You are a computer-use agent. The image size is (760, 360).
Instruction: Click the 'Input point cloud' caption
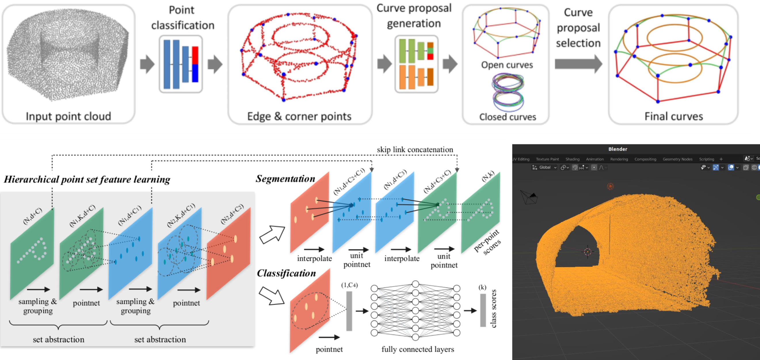pos(68,116)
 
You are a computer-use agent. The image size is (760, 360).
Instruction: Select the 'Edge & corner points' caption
pos(299,116)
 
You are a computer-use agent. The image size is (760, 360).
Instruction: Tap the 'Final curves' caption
pos(674,116)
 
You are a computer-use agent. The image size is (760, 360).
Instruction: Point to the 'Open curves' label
pos(507,65)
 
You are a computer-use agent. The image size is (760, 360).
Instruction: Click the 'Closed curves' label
pos(507,117)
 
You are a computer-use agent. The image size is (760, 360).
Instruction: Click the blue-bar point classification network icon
pos(181,64)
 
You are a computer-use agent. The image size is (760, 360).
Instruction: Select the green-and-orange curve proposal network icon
pos(416,64)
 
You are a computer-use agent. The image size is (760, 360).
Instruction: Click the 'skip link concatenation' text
pos(415,150)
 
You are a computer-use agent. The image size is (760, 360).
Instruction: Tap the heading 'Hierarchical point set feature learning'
pos(87,179)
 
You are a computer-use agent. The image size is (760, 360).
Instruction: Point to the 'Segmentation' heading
pos(285,179)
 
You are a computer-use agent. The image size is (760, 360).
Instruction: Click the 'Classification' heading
pos(286,273)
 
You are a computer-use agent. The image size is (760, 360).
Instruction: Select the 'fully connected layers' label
pos(418,349)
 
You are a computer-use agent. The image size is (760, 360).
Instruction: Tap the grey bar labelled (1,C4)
pos(349,311)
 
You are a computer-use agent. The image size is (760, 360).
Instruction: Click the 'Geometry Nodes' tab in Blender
pos(677,159)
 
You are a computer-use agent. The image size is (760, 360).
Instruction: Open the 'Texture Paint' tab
pos(547,159)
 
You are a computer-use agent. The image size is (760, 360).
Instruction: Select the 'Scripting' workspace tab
pos(706,159)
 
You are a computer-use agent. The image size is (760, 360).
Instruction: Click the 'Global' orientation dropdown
pos(544,167)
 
